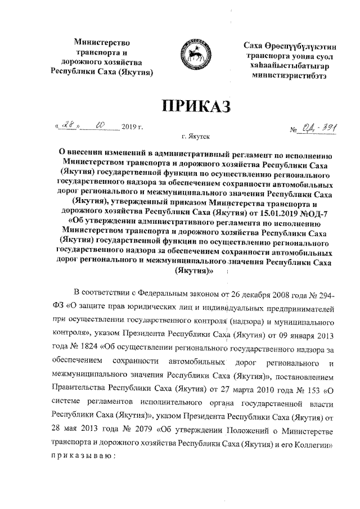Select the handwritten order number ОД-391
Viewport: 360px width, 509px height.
[x=318, y=130]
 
